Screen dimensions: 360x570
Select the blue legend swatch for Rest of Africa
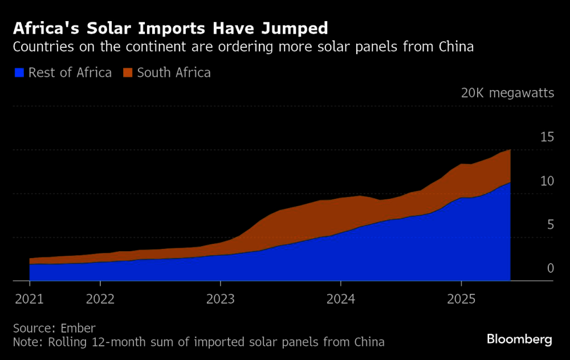19,72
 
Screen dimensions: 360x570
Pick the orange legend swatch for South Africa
128,72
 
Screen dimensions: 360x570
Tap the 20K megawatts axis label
507,93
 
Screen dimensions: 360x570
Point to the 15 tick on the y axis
547,137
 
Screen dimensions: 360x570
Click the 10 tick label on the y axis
547,181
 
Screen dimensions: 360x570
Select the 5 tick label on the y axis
550,224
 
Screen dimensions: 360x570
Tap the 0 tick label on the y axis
550,268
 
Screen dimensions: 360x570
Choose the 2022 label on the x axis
100,298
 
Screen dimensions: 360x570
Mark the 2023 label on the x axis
221,298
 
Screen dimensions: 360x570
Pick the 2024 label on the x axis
341,298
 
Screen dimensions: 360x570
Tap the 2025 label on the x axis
461,298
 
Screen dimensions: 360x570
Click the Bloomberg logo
519,339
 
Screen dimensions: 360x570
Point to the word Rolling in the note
66,342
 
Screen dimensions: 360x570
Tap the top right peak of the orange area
509,150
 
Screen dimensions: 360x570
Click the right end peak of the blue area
509,183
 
